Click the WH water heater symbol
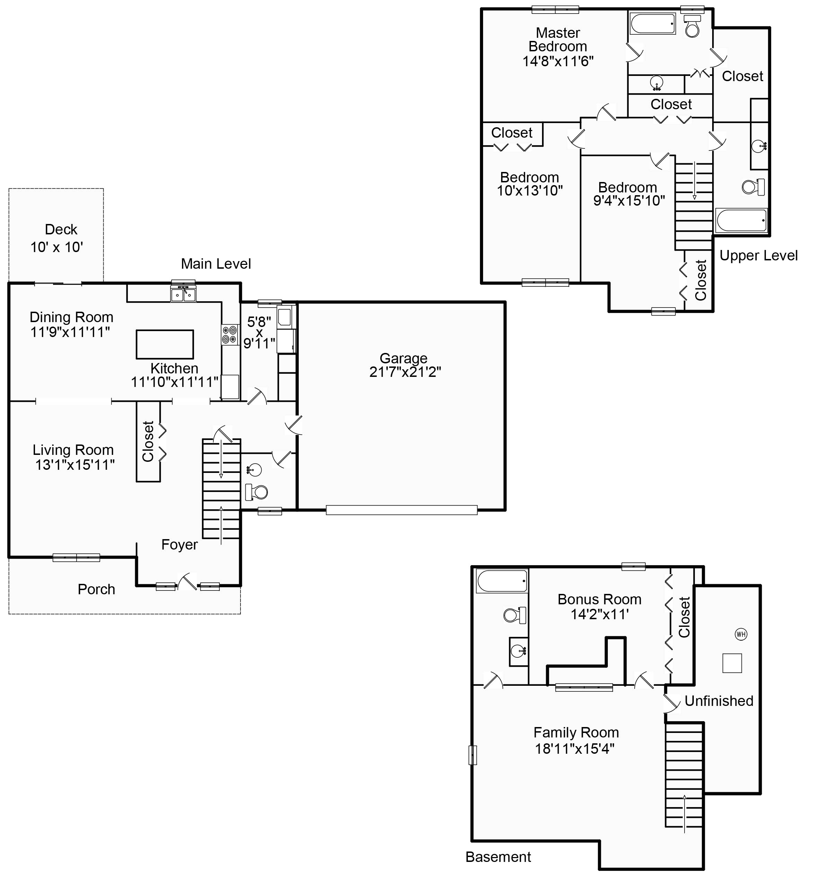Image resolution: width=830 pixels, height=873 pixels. (741, 634)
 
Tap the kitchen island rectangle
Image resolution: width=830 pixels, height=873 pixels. (165, 344)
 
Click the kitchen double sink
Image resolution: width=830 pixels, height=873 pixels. (183, 294)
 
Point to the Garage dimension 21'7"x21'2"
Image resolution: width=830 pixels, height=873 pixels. (405, 372)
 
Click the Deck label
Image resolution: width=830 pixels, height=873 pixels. (61, 229)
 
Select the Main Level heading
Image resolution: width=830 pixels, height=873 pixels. (216, 264)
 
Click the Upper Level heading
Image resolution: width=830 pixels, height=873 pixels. (758, 256)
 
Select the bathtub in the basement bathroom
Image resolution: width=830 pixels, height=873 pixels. (502, 581)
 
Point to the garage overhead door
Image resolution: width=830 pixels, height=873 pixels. (401, 510)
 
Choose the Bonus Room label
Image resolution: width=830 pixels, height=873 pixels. (599, 599)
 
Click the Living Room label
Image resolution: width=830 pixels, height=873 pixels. (73, 450)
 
